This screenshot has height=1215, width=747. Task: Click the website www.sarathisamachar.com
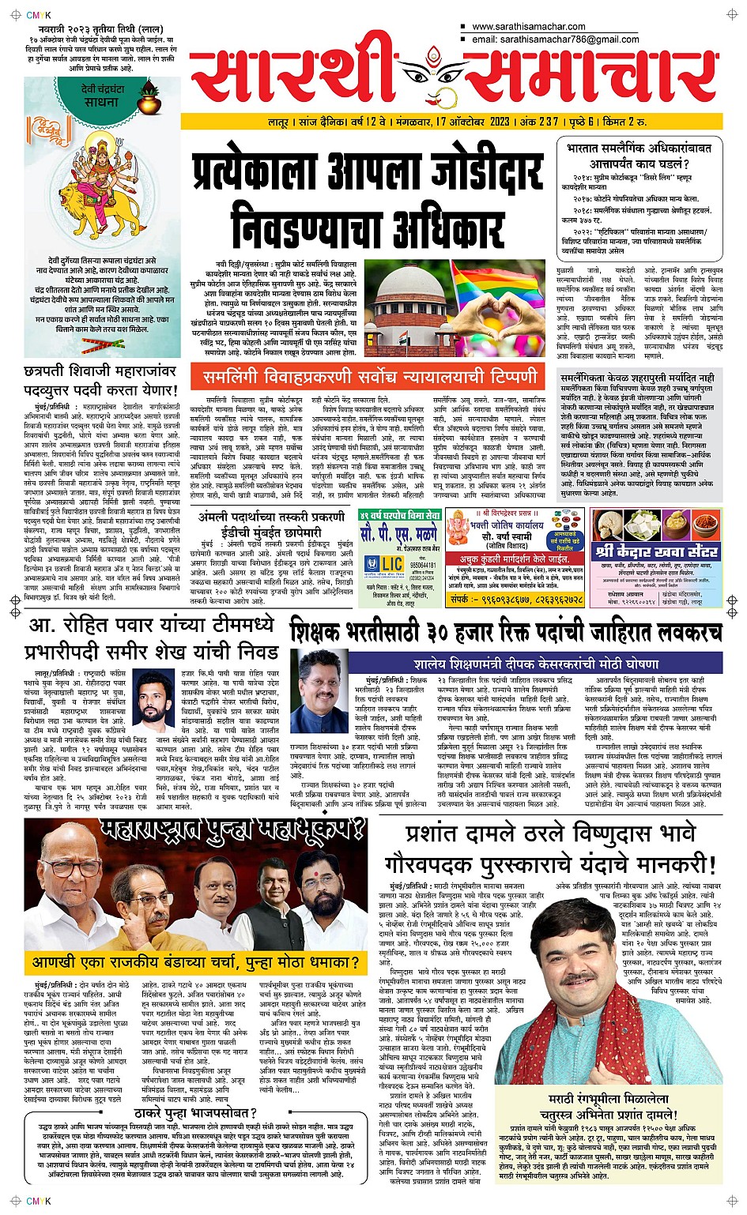[528, 27]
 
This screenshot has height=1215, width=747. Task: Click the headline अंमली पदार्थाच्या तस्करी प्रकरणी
[271, 517]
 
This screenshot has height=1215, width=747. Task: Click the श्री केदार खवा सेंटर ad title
[657, 551]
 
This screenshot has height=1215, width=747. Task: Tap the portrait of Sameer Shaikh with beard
[154, 693]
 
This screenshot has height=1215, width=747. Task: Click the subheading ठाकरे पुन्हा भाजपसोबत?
[192, 1114]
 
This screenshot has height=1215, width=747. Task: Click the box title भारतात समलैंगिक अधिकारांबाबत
[639, 148]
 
